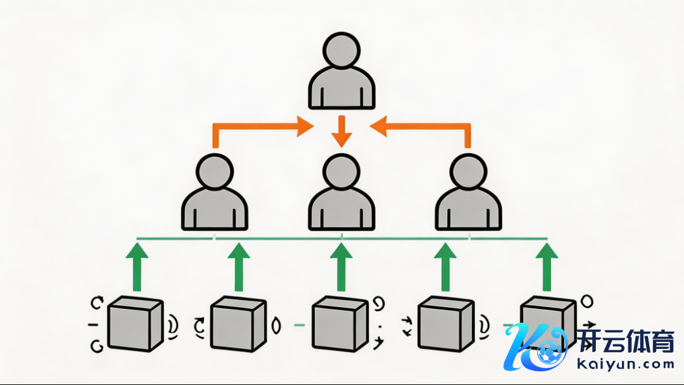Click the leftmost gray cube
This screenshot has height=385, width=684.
click(x=134, y=324)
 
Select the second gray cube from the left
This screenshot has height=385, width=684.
click(x=236, y=324)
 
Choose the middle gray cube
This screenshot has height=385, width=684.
click(x=339, y=324)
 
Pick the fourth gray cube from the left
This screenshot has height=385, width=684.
click(x=445, y=324)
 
